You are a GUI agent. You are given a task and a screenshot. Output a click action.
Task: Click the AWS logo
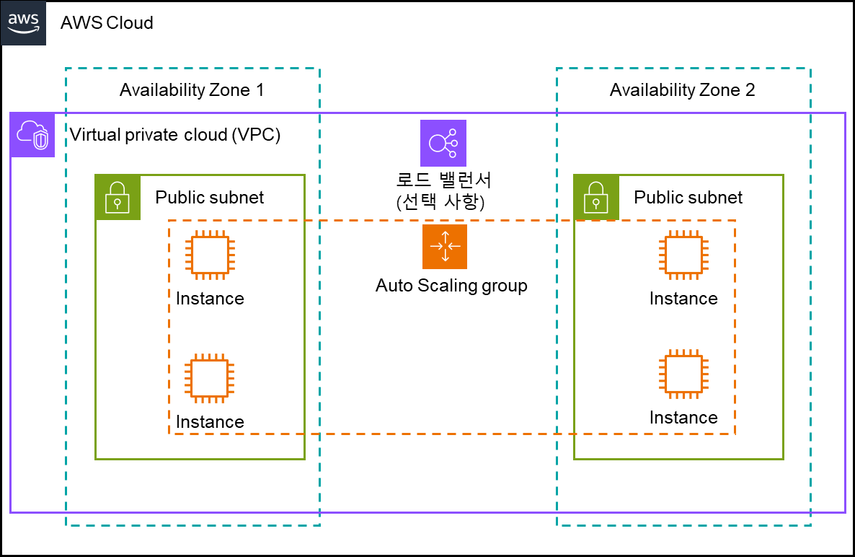[x=23, y=23]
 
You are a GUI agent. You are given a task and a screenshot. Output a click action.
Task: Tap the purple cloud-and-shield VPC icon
[x=32, y=135]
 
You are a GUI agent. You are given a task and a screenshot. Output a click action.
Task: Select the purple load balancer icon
[x=443, y=143]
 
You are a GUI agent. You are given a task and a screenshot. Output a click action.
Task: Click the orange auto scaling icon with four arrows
[x=445, y=247]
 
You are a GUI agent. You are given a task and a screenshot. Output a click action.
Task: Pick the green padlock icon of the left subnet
[x=118, y=197]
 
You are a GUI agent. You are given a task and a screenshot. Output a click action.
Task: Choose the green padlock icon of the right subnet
[x=596, y=197]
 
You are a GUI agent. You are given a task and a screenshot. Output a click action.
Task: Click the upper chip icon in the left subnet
[x=210, y=255]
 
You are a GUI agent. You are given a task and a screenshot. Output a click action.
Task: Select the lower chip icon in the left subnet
[x=210, y=378]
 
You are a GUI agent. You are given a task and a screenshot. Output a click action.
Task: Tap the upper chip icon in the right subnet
[x=683, y=255]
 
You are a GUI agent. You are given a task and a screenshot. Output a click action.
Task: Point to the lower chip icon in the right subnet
[x=683, y=374]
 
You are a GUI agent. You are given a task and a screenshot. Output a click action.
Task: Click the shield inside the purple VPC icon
[x=41, y=140]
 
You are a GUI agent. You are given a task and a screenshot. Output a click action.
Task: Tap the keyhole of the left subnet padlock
[x=118, y=203]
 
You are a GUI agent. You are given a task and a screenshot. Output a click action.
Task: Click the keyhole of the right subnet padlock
[x=596, y=203]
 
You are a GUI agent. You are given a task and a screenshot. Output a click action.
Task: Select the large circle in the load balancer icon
[x=438, y=143]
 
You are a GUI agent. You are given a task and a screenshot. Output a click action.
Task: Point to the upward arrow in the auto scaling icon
[x=445, y=237]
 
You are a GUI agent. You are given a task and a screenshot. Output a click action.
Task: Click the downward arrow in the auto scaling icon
[x=445, y=257]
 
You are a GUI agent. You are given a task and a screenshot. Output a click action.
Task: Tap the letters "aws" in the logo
[x=23, y=19]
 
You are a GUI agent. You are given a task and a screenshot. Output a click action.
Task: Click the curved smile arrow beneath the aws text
[x=24, y=31]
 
